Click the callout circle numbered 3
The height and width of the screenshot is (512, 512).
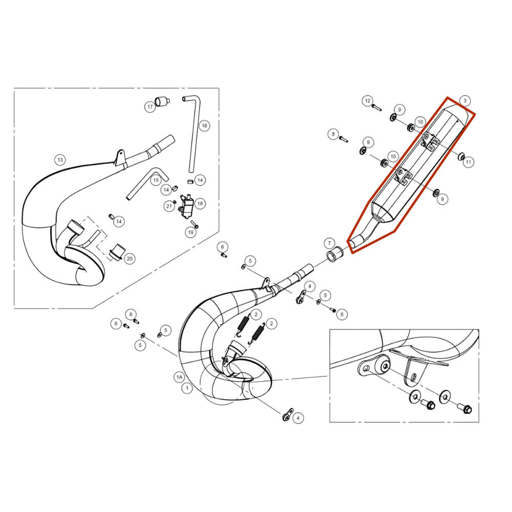coord(465,101)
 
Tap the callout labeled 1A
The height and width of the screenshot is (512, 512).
coord(179,377)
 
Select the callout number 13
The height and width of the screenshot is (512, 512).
coord(60,160)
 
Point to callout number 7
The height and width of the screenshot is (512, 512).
coord(329,243)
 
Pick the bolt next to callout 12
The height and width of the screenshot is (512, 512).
coord(376,107)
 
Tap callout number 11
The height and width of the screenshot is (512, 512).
coord(468,162)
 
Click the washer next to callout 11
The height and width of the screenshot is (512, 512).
coord(462,157)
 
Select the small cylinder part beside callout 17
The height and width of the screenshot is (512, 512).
coord(162,101)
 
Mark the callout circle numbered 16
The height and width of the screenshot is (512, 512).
coord(204,126)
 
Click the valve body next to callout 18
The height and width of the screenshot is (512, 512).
coord(186,206)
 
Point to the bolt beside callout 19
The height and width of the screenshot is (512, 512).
coord(195,224)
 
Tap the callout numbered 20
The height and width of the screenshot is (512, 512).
coord(130,259)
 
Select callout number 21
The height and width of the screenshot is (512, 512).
coord(169,206)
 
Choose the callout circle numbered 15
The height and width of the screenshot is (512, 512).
coord(156,180)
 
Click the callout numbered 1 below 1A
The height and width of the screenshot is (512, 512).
coord(187,389)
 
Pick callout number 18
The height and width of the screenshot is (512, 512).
coord(200,203)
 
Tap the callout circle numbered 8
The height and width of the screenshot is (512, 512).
coord(333,134)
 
